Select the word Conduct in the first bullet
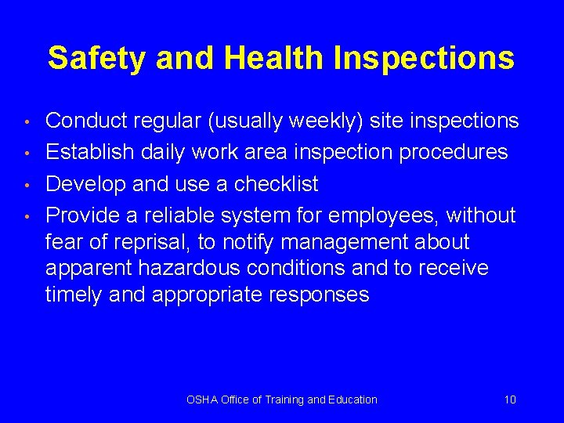pos(88,121)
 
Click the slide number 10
pos(510,399)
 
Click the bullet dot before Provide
pos(27,216)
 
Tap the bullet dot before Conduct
pos(27,122)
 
